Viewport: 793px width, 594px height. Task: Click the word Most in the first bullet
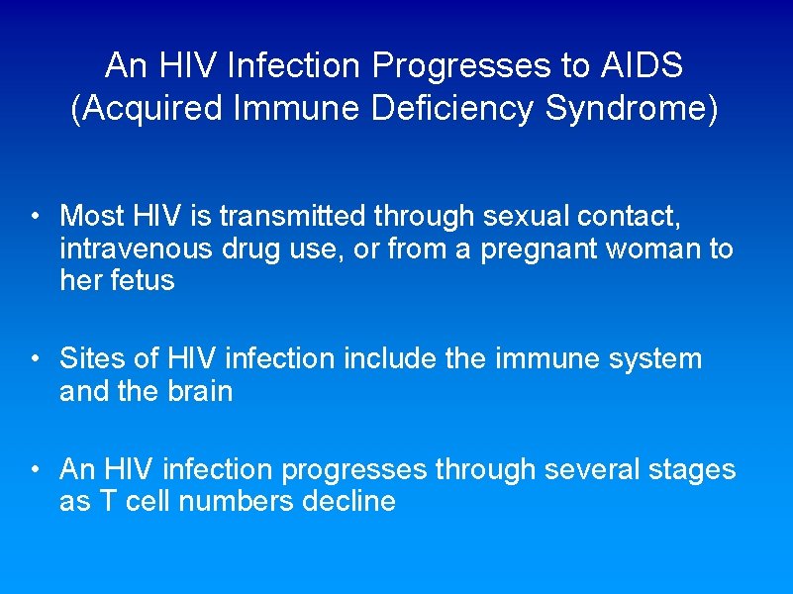(92, 215)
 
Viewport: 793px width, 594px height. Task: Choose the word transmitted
(302, 215)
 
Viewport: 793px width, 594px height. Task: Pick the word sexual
(524, 215)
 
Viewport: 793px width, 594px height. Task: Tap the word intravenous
(136, 247)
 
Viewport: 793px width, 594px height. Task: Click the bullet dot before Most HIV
(34, 217)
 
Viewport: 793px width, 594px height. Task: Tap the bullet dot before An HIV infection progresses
(34, 470)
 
